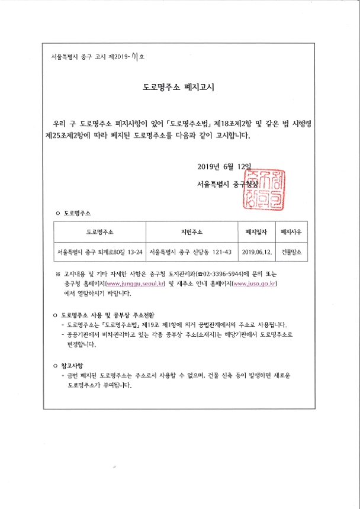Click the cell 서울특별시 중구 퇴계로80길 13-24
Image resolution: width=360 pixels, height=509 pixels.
point(99,252)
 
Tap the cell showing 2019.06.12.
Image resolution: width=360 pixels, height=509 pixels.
point(256,252)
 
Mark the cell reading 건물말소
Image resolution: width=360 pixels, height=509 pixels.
point(291,252)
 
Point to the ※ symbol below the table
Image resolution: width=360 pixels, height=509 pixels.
point(58,275)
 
